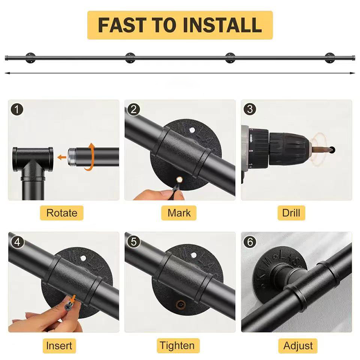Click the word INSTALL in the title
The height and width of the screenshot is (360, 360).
[222, 25]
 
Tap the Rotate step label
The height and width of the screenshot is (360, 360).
[62, 213]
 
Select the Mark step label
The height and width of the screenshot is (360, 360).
[179, 213]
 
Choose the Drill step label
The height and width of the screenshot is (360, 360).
[291, 213]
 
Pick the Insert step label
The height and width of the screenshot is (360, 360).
[59, 346]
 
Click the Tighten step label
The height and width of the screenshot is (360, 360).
[177, 346]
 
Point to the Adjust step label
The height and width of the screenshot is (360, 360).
[298, 346]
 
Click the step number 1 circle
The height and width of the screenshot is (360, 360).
[17, 109]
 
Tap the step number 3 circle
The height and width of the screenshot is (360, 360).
[250, 109]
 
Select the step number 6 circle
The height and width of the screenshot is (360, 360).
[250, 242]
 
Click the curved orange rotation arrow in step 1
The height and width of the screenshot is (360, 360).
[90, 157]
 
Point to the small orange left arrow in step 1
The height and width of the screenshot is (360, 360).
[61, 157]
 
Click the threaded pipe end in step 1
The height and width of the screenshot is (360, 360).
[72, 157]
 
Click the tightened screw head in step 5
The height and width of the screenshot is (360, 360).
[181, 305]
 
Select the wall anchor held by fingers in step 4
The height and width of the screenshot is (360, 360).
[70, 305]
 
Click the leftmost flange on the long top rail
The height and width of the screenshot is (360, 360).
[30, 58]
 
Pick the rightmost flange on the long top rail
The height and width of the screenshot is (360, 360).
[330, 58]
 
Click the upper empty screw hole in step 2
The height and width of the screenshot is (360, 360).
[192, 130]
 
